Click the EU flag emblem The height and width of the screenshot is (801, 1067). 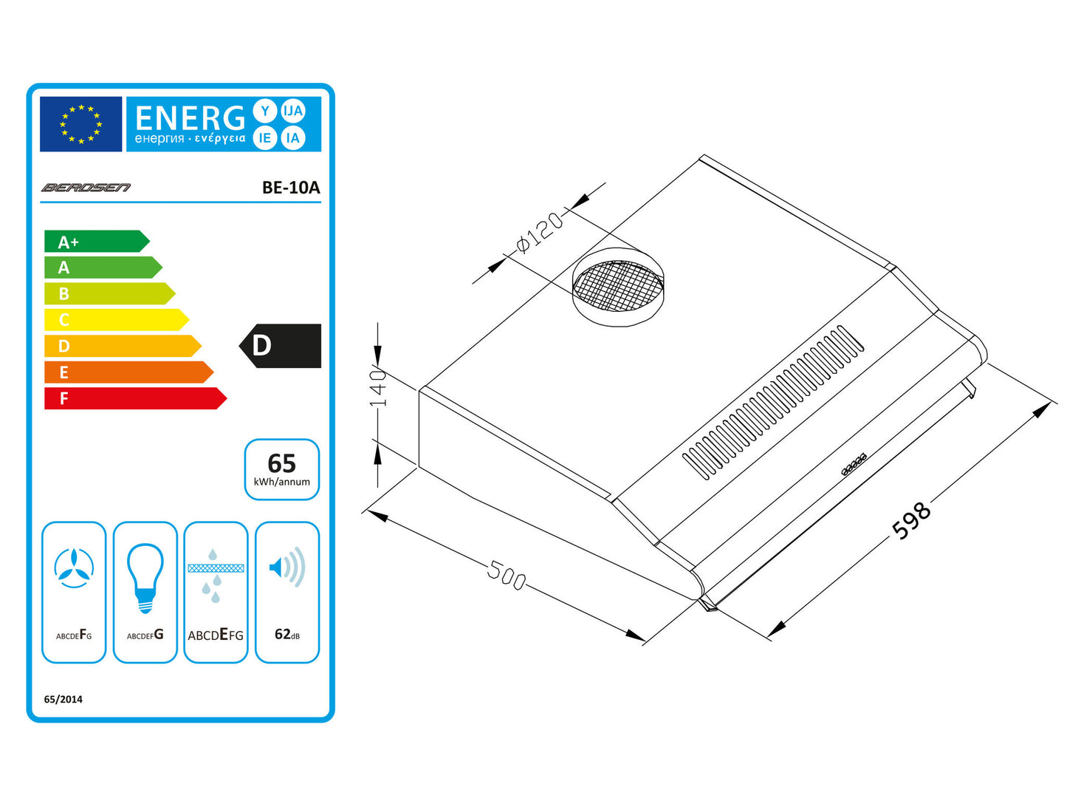click(80, 124)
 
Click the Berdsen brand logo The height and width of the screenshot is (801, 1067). click(86, 188)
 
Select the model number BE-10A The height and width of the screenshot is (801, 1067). click(291, 188)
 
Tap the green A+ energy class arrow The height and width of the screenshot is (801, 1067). click(97, 241)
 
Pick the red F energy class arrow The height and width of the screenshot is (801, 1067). click(136, 398)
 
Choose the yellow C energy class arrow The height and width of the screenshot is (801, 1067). click(117, 320)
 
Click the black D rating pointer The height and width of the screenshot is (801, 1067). click(280, 346)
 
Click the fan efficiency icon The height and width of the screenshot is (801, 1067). click(74, 568)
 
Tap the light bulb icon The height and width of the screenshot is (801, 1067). click(145, 578)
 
